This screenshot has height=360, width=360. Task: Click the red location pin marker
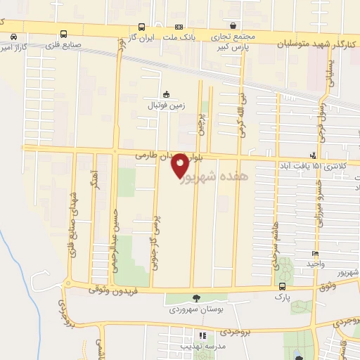180,165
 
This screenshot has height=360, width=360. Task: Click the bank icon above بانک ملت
177,25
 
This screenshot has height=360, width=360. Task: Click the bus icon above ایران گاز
143,25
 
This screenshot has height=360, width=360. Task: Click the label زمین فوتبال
164,105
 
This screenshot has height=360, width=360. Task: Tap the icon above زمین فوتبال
166,94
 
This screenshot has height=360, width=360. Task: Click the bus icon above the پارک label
282,286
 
